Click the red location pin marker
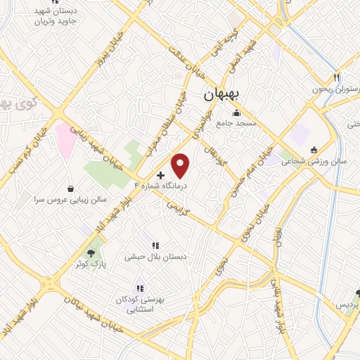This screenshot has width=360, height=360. pos(181,166)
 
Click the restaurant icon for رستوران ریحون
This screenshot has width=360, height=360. pos(337,77)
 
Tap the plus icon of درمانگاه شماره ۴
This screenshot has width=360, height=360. pos(161,174)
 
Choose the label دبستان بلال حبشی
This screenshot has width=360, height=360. pos(155,257)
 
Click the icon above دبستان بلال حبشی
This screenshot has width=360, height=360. pos(155,245)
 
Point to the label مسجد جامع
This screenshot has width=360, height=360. pos(236,124)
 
